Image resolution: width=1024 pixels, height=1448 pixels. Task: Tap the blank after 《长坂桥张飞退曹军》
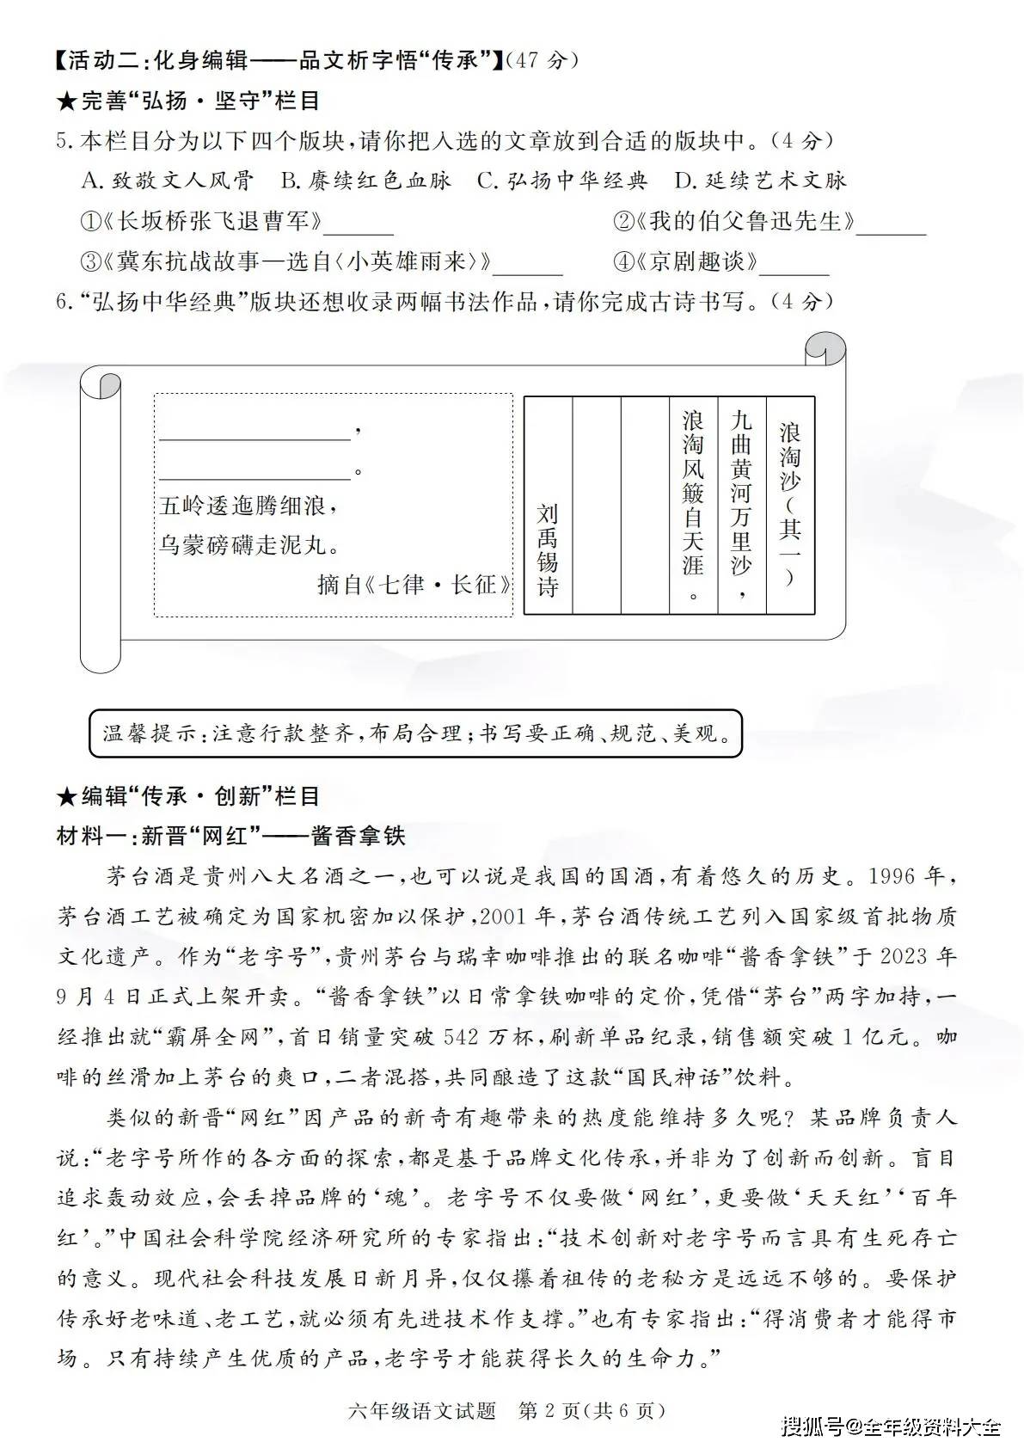[359, 225]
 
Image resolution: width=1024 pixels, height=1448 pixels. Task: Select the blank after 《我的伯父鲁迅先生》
[892, 225]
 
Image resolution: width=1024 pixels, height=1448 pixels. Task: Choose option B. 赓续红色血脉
[365, 181]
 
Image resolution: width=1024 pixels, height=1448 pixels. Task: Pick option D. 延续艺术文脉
[760, 181]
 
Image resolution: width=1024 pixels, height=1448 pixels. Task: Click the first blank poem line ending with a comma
[254, 430]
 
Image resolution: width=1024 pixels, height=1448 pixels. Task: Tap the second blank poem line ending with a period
[254, 469]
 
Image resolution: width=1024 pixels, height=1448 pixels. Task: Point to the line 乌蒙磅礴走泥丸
[249, 544]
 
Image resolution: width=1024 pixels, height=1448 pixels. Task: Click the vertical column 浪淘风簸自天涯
[693, 504]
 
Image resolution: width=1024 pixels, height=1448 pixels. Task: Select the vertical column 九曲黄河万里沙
[741, 504]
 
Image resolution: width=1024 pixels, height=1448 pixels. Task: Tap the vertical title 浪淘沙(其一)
[789, 504]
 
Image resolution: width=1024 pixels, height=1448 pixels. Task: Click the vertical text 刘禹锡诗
[548, 550]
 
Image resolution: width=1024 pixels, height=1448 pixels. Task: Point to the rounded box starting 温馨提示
[415, 733]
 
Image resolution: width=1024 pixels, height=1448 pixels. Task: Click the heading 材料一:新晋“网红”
[230, 836]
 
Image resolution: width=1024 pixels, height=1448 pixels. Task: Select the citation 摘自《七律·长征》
[413, 586]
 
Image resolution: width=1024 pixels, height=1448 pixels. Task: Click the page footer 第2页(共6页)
[592, 1411]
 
